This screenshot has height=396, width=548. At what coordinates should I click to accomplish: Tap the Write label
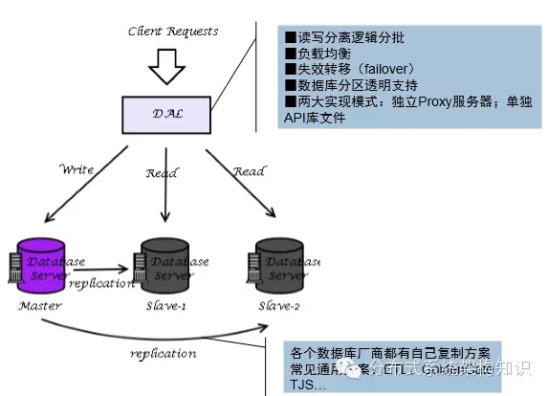point(77,169)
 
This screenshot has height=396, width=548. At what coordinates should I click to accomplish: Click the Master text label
point(39,306)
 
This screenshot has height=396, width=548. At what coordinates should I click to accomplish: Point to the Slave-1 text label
point(164,307)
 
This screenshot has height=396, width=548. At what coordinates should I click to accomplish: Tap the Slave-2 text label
point(280,306)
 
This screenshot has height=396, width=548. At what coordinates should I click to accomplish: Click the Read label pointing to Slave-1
point(162,173)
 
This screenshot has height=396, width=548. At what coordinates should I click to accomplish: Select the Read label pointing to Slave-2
point(249,171)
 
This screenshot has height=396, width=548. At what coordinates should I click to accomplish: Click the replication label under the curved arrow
point(163,353)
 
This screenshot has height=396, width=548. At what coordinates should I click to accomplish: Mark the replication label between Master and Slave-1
point(99,285)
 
